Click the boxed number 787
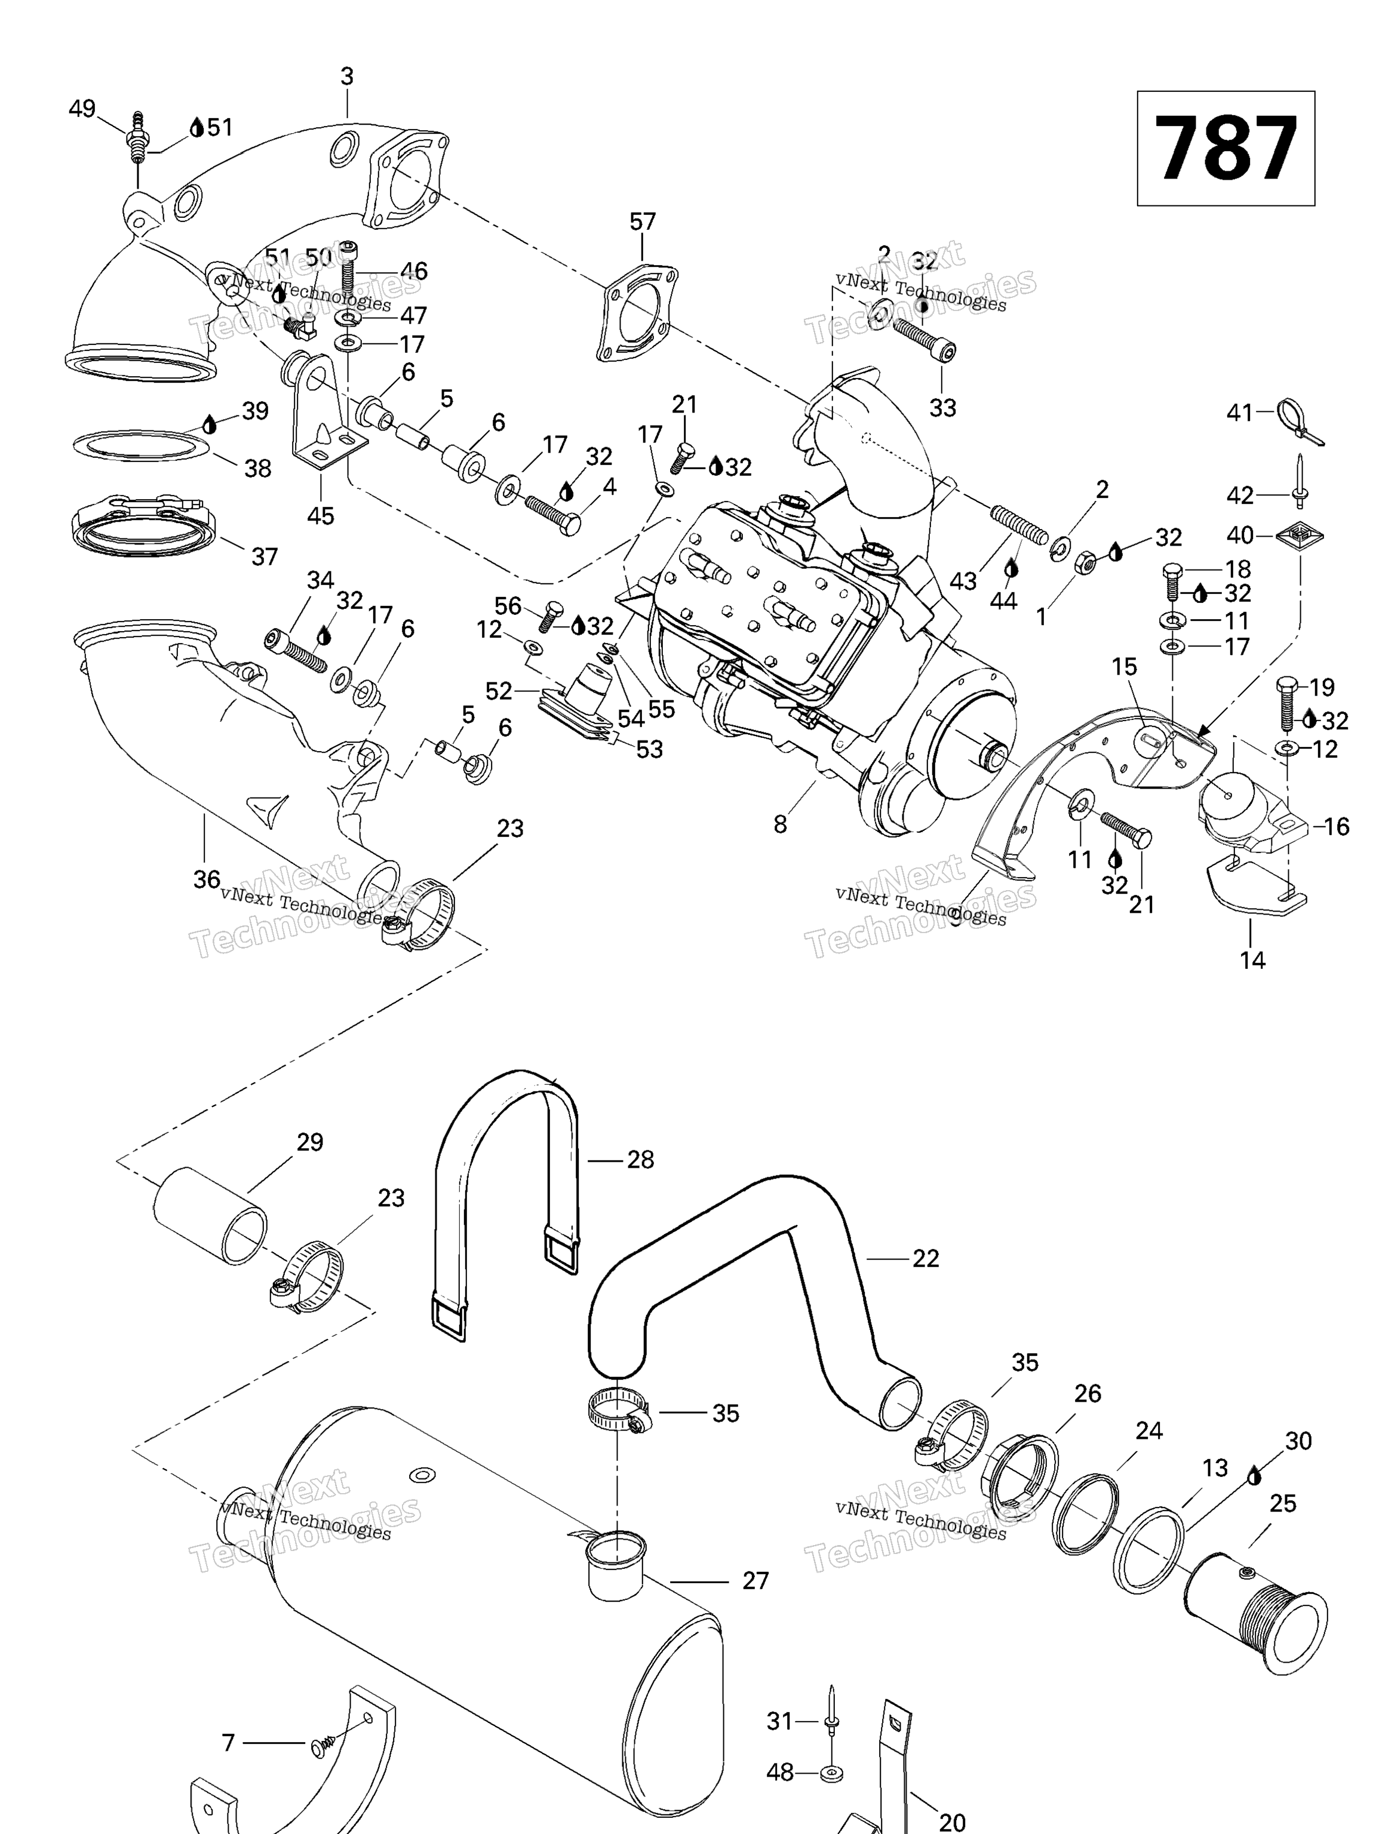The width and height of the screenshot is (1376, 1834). [1224, 149]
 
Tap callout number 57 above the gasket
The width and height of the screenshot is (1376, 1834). [642, 221]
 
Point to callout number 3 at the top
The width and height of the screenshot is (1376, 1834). [347, 76]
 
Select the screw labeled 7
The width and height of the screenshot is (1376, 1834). [324, 1745]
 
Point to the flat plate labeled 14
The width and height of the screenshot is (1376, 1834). [1252, 891]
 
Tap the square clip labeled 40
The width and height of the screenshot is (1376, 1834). [1299, 535]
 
